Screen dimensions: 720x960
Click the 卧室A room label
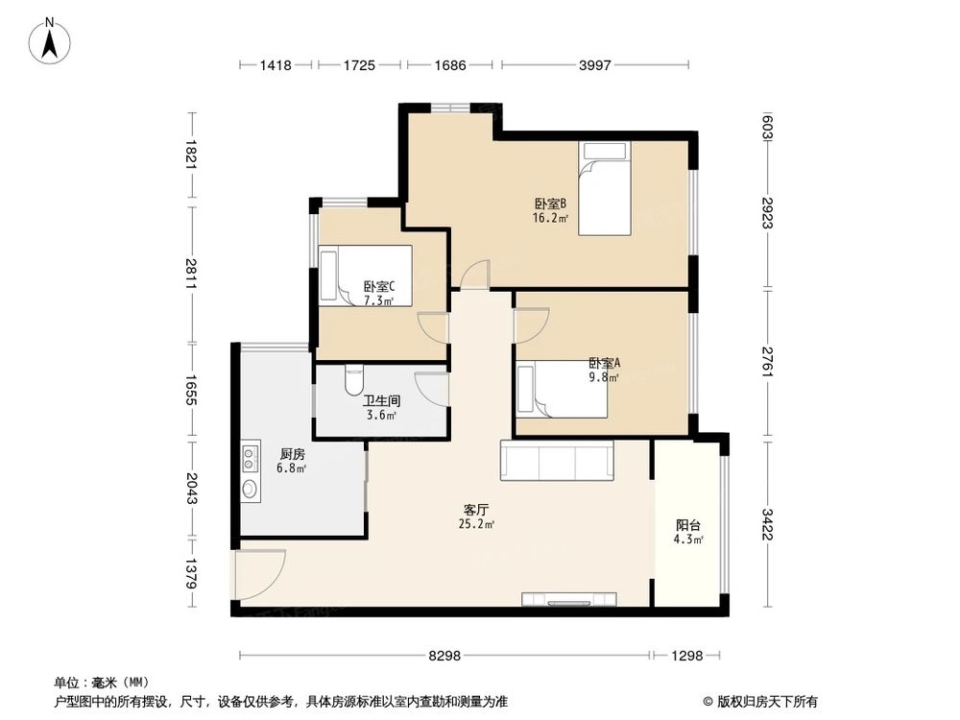[x=604, y=364]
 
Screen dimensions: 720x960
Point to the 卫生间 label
[x=381, y=400]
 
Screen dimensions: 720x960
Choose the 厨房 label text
[x=292, y=454]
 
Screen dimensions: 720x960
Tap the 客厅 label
[x=476, y=510]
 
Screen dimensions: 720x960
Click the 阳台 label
[x=687, y=525]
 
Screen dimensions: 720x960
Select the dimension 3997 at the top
[x=595, y=65]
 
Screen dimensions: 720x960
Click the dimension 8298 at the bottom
[x=445, y=656]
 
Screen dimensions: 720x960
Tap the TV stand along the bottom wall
[x=568, y=600]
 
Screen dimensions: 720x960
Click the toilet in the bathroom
[x=351, y=378]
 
